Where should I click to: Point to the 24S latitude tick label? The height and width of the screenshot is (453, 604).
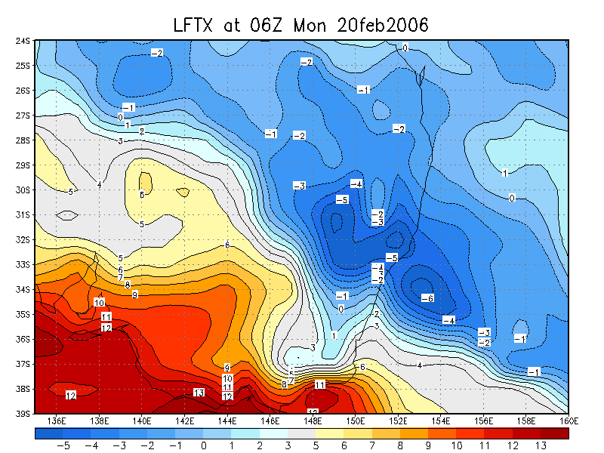tap(23, 41)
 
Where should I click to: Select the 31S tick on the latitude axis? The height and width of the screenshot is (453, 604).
tap(23, 215)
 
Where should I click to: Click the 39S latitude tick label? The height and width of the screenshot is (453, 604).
tap(23, 414)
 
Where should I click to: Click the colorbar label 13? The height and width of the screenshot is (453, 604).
tap(541, 446)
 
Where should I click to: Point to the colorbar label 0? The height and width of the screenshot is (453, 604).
tap(205, 446)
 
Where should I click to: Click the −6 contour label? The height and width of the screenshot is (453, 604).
tap(427, 298)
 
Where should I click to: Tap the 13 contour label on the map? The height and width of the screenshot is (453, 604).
tap(199, 393)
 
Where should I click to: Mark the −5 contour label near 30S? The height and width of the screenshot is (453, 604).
tap(342, 199)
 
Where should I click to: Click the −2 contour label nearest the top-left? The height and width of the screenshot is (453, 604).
tap(157, 52)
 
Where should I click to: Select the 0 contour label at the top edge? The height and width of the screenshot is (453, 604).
tap(405, 48)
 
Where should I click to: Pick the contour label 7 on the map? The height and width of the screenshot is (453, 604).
tap(120, 277)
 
